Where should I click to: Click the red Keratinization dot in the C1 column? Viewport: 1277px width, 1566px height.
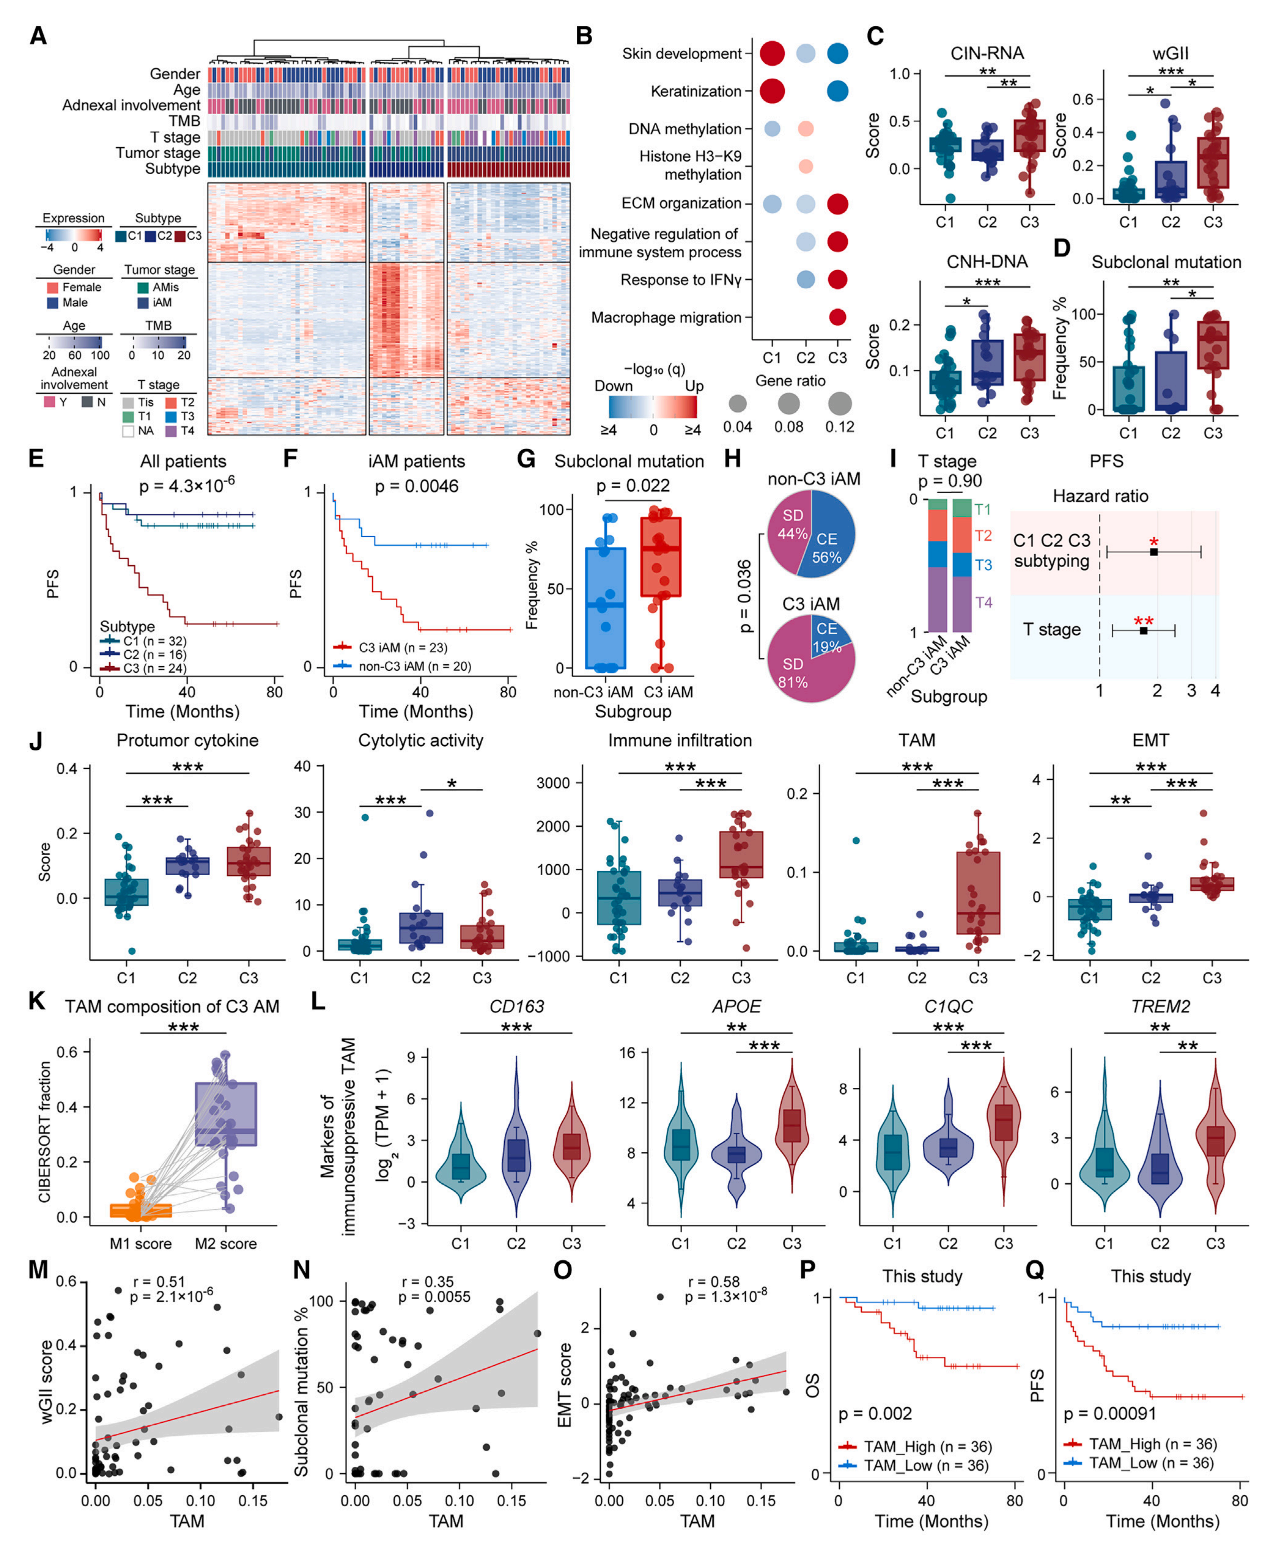772,91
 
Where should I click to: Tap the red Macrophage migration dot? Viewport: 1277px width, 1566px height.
837,317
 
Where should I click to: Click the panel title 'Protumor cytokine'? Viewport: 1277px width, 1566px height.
188,740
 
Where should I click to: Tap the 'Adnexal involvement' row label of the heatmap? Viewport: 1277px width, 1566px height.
131,105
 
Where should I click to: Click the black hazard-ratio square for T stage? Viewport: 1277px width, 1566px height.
1143,630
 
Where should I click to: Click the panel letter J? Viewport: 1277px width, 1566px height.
35,741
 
